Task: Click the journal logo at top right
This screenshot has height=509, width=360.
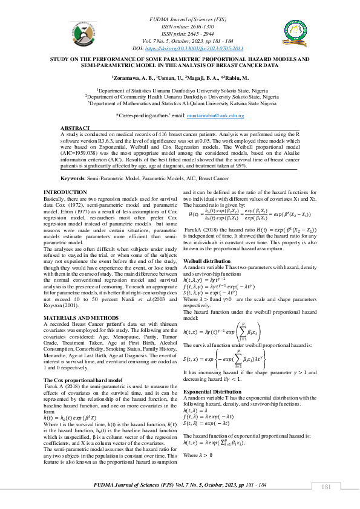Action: coord(299,34)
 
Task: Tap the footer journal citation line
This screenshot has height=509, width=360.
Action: coord(180,485)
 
